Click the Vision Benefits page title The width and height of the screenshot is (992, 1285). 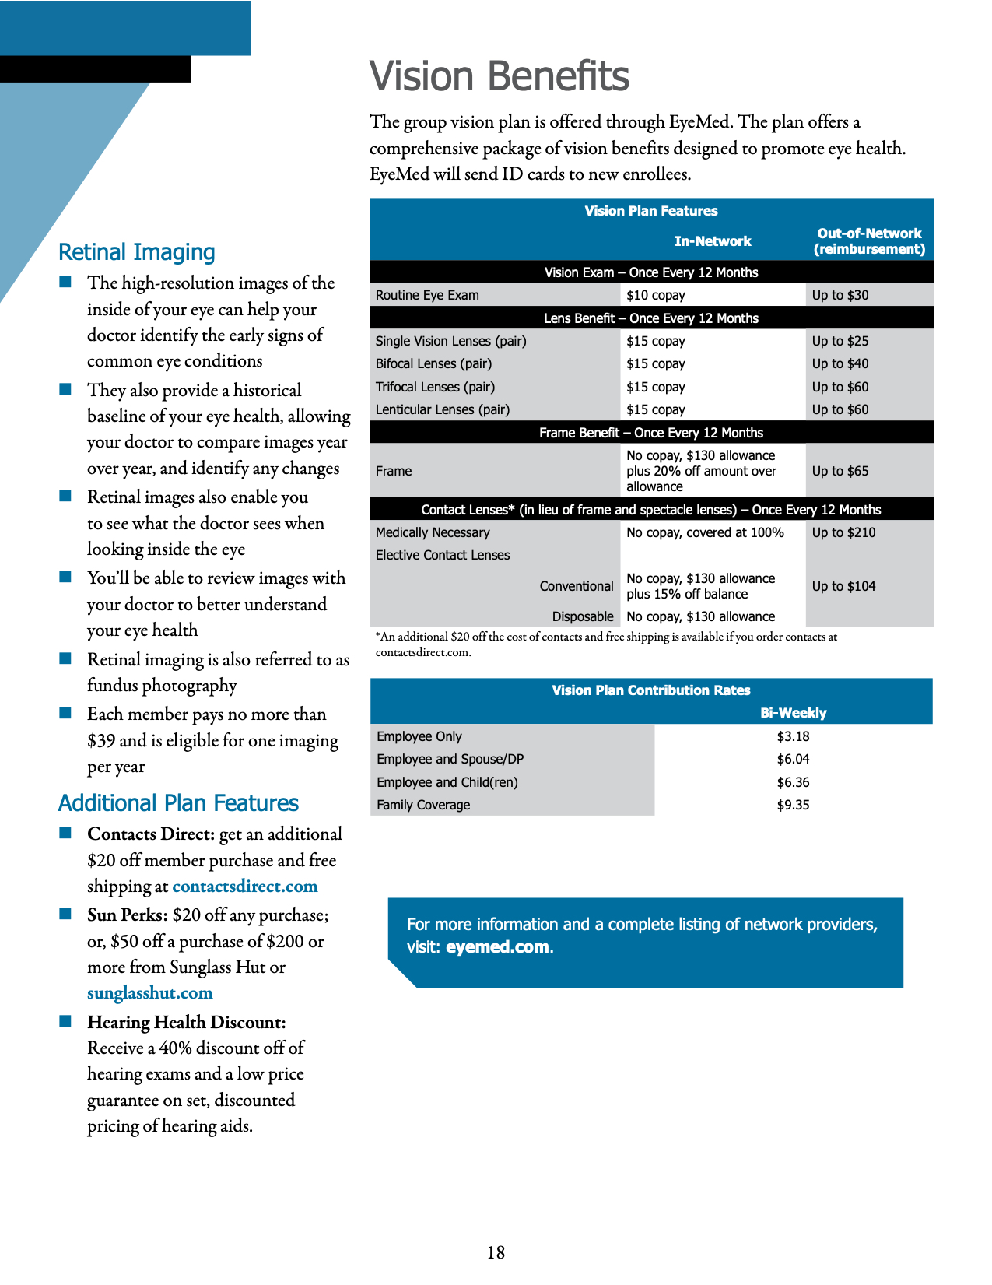coord(499,76)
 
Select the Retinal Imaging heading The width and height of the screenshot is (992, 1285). coord(137,252)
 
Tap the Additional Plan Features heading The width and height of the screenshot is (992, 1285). coord(178,803)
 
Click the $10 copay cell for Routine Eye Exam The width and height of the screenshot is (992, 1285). coord(655,295)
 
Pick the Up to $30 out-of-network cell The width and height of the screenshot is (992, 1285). coord(840,295)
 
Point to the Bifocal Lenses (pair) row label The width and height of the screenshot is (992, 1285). coord(433,363)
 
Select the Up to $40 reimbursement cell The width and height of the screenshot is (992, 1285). coord(840,363)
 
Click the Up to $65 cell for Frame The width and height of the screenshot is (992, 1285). coord(840,471)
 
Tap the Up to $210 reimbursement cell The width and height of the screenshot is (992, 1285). coord(843,532)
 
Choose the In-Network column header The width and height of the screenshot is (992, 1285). coord(712,241)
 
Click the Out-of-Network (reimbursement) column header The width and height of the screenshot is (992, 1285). coord(869,241)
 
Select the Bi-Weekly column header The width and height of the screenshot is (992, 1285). coord(793,713)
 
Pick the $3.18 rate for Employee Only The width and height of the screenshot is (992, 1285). coord(793,736)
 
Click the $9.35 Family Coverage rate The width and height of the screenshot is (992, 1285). coord(793,805)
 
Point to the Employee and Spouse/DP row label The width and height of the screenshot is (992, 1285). coord(450,759)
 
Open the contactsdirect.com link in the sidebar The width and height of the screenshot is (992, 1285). coord(244,887)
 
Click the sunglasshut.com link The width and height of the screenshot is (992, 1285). coord(149,993)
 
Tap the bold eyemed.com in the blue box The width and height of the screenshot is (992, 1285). coord(497,947)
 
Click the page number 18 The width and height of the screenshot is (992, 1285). coord(496,1252)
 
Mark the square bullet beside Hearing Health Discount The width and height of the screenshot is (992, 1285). coord(65,1020)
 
